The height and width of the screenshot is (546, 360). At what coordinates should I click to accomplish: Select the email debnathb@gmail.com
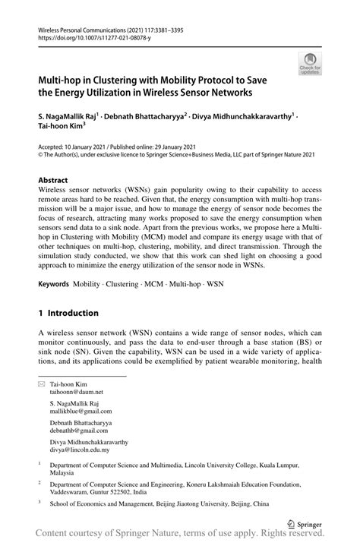coord(77,437)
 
